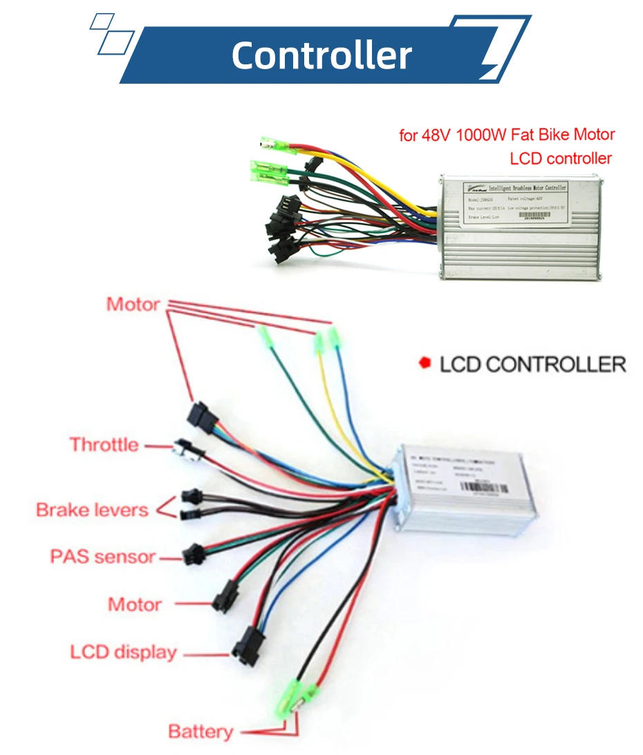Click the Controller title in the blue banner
321,55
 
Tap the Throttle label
104,444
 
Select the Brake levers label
92,510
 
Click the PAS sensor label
102,556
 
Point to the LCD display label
123,652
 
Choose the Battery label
201,731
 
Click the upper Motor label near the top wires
133,304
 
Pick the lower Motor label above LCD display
135,604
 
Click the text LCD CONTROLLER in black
532,363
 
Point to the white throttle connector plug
187,450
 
